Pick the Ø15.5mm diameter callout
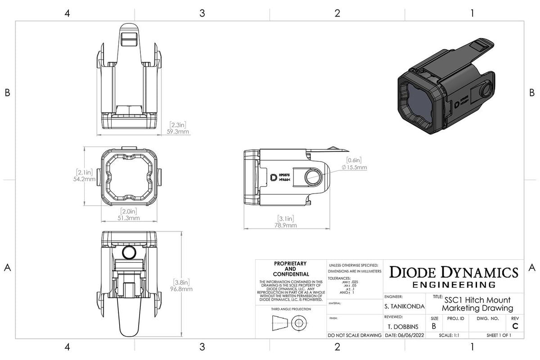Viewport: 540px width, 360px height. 354,167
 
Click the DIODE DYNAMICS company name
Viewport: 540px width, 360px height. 453,272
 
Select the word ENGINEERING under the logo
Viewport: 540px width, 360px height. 453,285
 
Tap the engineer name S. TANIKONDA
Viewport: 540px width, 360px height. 404,306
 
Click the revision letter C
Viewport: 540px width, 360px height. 515,326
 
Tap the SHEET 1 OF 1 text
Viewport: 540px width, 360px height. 498,336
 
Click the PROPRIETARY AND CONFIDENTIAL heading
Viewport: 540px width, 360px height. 290,269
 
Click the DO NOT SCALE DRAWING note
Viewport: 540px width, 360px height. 355,336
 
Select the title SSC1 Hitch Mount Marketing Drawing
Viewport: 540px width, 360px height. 477,304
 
